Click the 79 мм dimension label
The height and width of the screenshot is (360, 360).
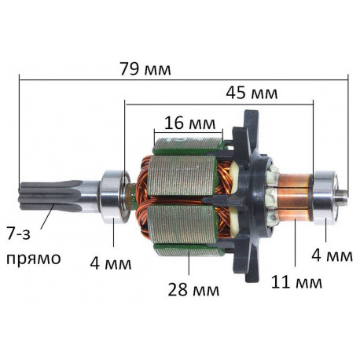(x=145, y=69)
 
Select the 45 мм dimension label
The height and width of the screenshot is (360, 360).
(x=252, y=93)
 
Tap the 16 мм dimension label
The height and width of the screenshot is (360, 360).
(x=190, y=123)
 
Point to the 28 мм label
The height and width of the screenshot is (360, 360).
(x=193, y=289)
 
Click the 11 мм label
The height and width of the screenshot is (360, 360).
(x=296, y=282)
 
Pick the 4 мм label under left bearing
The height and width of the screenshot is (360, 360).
(x=111, y=263)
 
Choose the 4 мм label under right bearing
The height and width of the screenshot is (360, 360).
(x=332, y=255)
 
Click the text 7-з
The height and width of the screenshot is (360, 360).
(x=18, y=233)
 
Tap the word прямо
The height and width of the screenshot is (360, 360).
(x=34, y=259)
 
